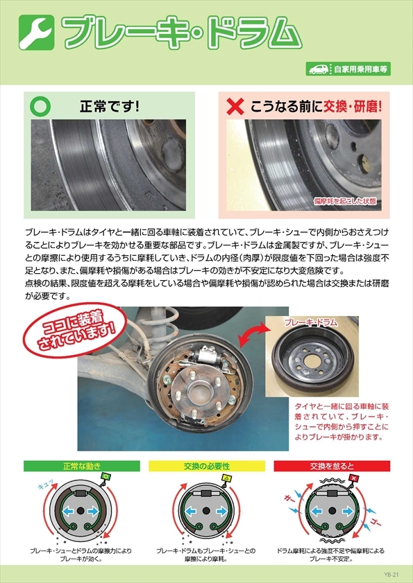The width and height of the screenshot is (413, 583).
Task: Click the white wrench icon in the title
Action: [x=36, y=32]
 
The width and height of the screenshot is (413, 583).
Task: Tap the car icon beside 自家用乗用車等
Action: [x=318, y=69]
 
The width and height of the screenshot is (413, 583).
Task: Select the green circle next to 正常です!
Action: [x=40, y=106]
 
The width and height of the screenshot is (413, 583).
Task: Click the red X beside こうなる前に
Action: [x=235, y=106]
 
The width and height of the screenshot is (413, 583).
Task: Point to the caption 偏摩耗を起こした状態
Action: [x=345, y=202]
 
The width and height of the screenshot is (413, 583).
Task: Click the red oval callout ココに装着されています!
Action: [x=75, y=331]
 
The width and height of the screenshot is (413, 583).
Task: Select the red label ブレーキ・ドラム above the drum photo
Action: [x=310, y=322]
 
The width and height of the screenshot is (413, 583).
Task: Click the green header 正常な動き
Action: [x=81, y=466]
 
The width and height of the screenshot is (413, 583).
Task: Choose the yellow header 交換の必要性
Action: [x=207, y=466]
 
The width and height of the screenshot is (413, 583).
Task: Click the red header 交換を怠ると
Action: [x=332, y=466]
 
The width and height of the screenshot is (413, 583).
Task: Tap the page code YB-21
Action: [x=391, y=575]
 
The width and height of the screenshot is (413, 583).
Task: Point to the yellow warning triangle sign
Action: [x=226, y=478]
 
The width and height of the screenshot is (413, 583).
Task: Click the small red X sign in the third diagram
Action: [x=354, y=478]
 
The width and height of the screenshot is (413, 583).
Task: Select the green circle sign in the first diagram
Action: [x=106, y=476]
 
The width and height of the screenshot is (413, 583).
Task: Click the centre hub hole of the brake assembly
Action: [x=199, y=391]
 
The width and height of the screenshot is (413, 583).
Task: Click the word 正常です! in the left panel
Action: [x=110, y=107]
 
